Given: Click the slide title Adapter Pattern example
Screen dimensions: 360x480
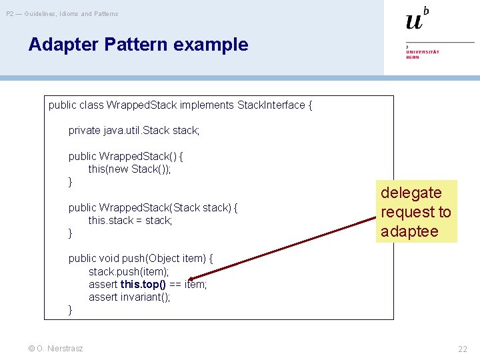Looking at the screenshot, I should [x=138, y=45].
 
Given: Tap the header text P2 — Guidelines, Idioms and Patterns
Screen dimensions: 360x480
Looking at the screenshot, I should [x=62, y=13].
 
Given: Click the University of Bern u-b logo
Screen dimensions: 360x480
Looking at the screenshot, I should [x=417, y=19].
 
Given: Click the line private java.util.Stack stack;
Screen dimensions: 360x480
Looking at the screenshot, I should [x=133, y=131].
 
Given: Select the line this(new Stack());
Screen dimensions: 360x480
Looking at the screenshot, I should [x=129, y=169].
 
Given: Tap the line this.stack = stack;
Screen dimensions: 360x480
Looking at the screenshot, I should [x=130, y=220].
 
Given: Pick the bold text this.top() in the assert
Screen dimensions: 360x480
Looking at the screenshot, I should [x=143, y=284].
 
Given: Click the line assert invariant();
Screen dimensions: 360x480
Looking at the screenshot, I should [x=129, y=297].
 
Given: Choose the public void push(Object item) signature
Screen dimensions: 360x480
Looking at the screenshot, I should [x=141, y=259].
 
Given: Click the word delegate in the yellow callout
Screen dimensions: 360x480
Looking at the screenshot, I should [x=411, y=193].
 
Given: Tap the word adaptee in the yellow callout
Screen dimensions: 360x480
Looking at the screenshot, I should [x=409, y=231].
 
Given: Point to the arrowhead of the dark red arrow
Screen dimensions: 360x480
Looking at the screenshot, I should [x=191, y=280].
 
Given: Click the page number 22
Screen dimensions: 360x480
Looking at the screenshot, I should [x=462, y=349].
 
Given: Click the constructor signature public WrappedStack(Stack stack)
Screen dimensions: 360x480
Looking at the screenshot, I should [x=153, y=207].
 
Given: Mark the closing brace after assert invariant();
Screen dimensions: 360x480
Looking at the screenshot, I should [x=71, y=310].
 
